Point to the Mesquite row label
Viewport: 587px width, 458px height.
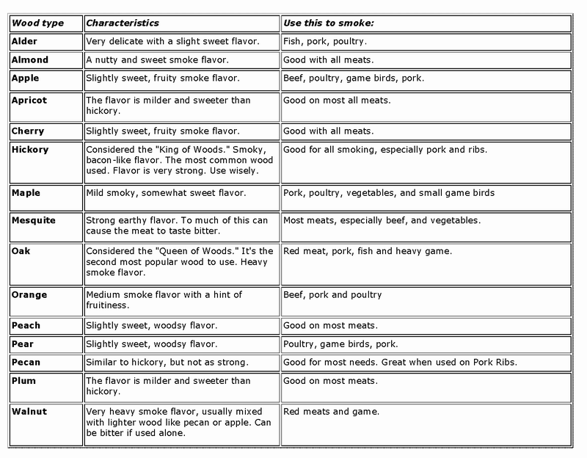click(34, 220)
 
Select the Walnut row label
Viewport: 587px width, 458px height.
click(30, 412)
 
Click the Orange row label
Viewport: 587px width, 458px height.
click(30, 295)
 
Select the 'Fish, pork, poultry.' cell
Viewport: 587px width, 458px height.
click(326, 43)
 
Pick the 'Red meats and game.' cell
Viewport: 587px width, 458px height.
click(331, 412)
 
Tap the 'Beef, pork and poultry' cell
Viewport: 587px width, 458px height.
click(332, 295)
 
